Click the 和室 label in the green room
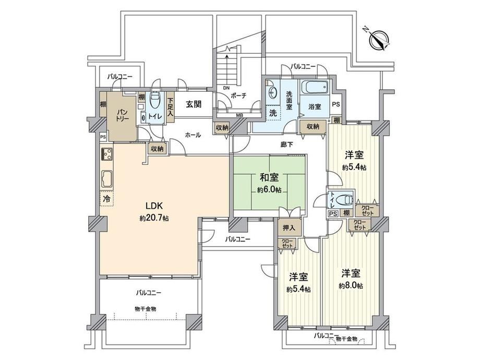(x=269, y=177)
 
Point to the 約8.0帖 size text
(x=351, y=285)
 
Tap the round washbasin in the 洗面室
(x=272, y=91)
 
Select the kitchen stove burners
(x=106, y=153)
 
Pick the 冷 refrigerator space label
(x=106, y=199)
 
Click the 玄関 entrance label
(x=194, y=104)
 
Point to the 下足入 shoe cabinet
(x=170, y=107)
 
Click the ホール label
(x=193, y=135)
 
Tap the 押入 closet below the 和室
(x=289, y=227)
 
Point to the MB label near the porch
(x=239, y=115)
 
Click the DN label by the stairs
(x=226, y=88)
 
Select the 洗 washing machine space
(x=273, y=113)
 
